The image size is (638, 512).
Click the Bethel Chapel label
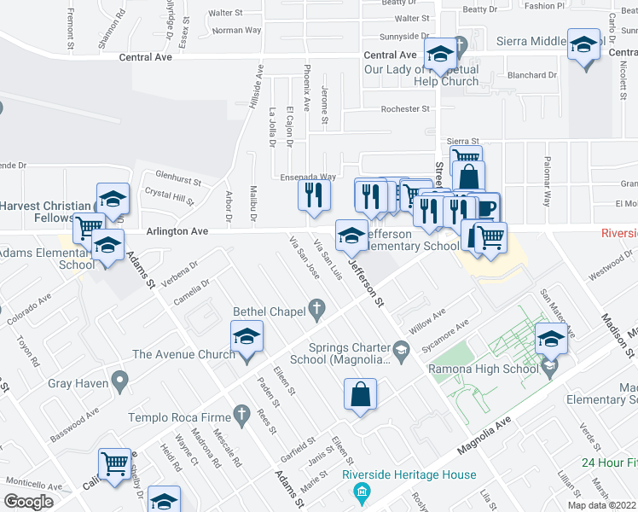[264, 311]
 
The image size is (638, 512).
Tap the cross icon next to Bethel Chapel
[317, 311]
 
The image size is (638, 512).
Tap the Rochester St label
[405, 109]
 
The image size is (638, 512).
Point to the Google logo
[28, 502]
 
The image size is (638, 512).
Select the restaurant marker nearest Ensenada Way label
[314, 195]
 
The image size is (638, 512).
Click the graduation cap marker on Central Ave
[441, 55]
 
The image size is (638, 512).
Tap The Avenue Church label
[183, 354]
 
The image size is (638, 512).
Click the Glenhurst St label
[172, 180]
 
